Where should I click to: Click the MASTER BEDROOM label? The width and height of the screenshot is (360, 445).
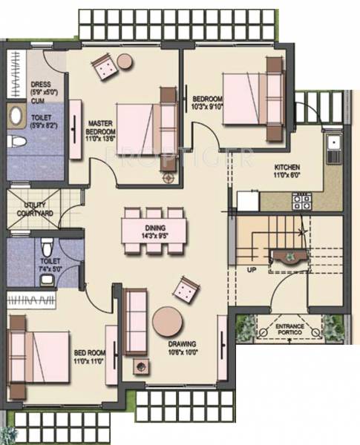99,129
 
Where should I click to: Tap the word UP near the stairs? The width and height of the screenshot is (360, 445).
252,270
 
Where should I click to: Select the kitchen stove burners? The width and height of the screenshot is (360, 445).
301,200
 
